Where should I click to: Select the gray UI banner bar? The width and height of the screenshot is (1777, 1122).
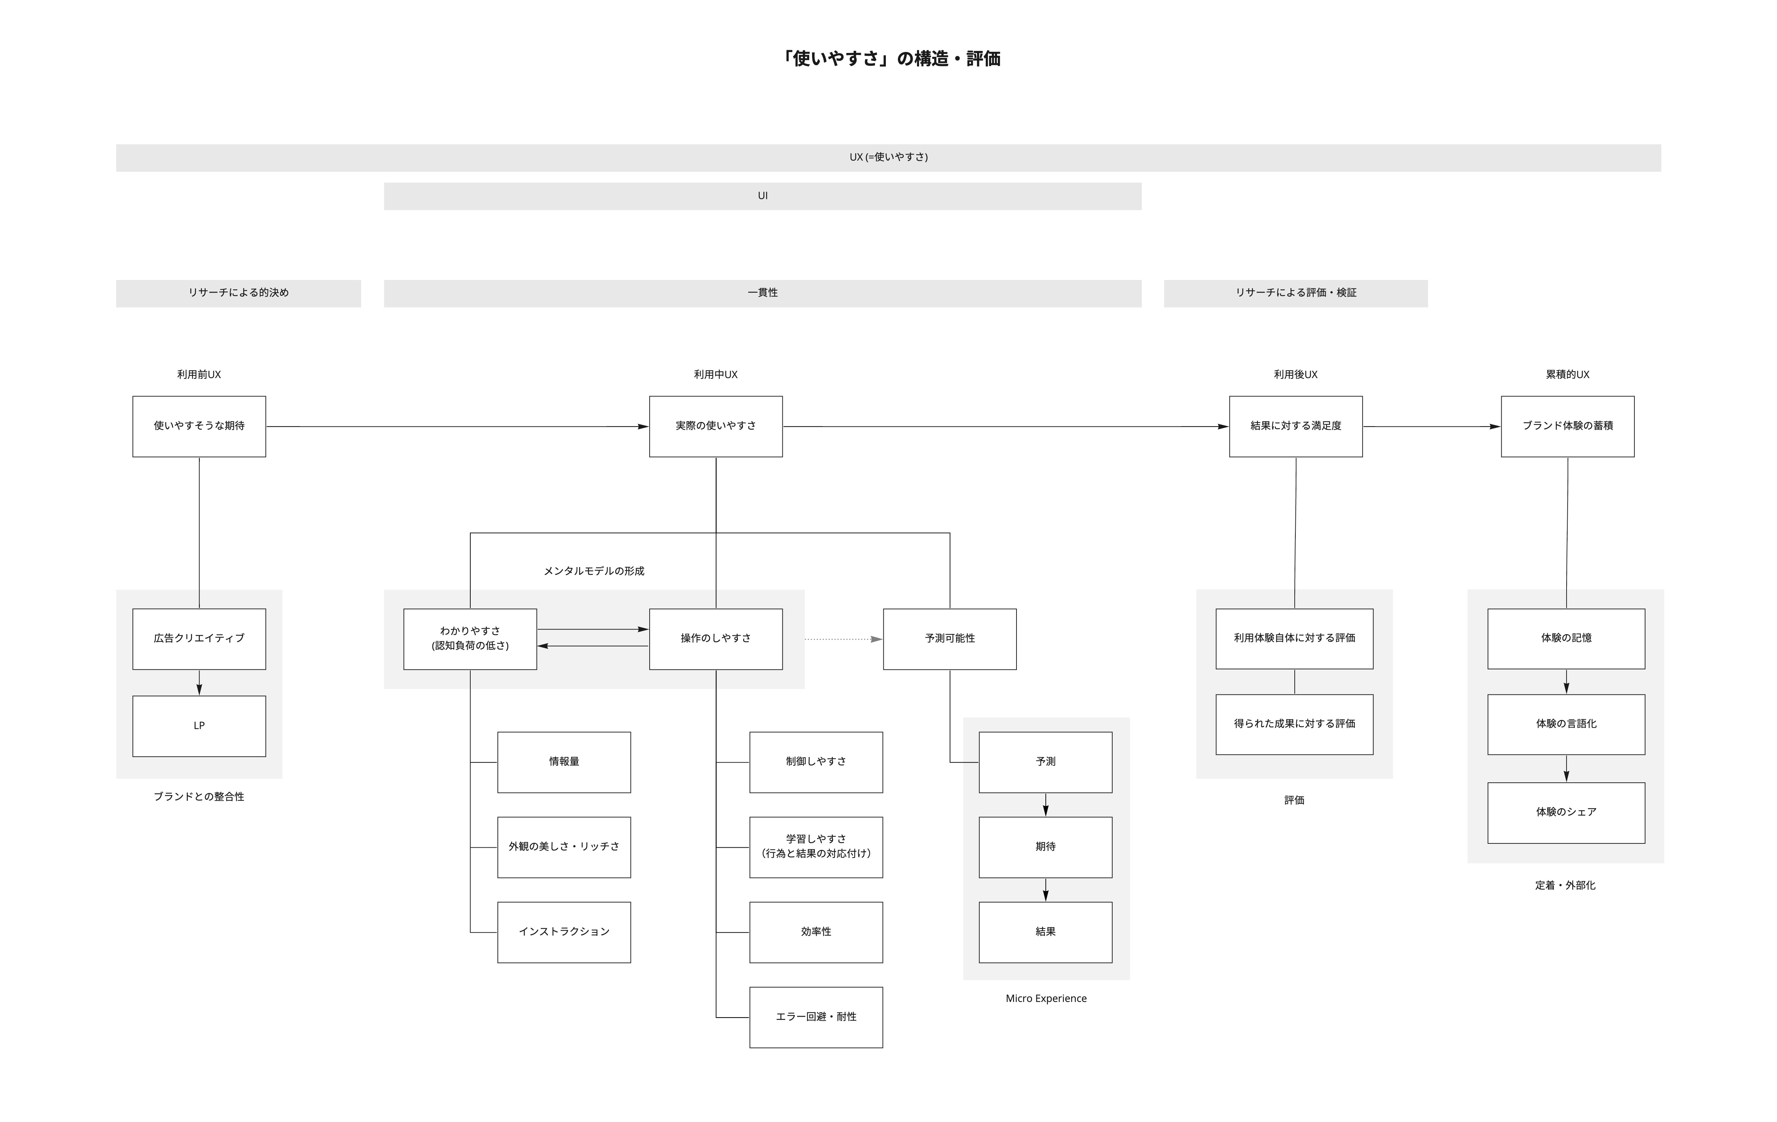pyautogui.click(x=762, y=196)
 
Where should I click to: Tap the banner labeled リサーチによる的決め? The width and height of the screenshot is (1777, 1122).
pyautogui.click(x=238, y=293)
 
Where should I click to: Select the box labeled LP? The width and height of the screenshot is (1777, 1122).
pyautogui.click(x=199, y=726)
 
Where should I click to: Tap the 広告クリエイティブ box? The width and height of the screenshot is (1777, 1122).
pyautogui.click(x=199, y=639)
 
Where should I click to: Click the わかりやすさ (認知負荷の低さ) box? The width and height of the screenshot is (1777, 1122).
pyautogui.click(x=470, y=639)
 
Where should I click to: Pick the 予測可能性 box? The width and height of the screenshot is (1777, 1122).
pyautogui.click(x=950, y=639)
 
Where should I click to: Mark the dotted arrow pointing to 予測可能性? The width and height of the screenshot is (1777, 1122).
pyautogui.click(x=843, y=639)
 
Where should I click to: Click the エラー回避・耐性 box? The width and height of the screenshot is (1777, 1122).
pyautogui.click(x=816, y=1017)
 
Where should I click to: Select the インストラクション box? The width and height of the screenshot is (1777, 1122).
pyautogui.click(x=564, y=932)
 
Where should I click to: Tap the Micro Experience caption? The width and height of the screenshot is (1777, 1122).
pyautogui.click(x=1046, y=999)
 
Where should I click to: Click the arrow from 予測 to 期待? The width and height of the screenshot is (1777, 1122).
pyautogui.click(x=1046, y=805)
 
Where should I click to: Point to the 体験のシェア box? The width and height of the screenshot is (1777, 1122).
pyautogui.click(x=1566, y=812)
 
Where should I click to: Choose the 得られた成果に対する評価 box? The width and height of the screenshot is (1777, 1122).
pyautogui.click(x=1294, y=724)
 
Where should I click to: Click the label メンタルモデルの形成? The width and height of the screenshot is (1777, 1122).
pyautogui.click(x=594, y=571)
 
